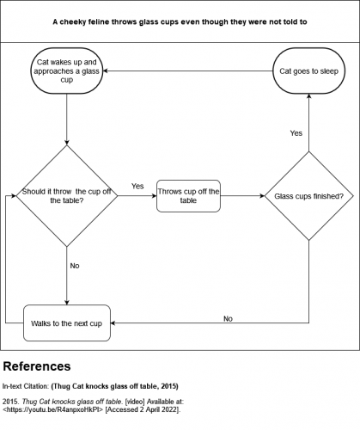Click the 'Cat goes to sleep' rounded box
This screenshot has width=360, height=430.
pyautogui.click(x=308, y=72)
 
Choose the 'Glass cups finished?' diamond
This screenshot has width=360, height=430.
pyautogui.click(x=308, y=196)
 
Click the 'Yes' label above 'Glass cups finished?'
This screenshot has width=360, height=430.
pyautogui.click(x=296, y=133)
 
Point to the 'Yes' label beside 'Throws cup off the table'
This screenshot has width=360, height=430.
pyautogui.click(x=137, y=186)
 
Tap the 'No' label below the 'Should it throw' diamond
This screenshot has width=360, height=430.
pyautogui.click(x=74, y=266)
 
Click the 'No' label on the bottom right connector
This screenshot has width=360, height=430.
pyautogui.click(x=228, y=318)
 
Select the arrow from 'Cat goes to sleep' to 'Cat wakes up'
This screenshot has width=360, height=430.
pyautogui.click(x=189, y=72)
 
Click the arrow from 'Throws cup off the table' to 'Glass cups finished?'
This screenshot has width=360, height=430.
pyautogui.click(x=242, y=196)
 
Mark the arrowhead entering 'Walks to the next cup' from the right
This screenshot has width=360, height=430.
pyautogui.click(x=116, y=322)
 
